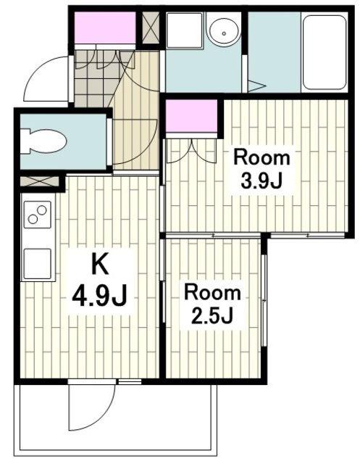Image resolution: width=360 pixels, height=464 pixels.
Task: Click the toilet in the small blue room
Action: coord(44,141)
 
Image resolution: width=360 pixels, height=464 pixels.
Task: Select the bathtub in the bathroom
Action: coord(325,52)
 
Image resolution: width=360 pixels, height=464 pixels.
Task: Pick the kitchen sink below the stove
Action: coord(37,263)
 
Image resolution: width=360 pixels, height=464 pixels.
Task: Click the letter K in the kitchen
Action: coord(100,263)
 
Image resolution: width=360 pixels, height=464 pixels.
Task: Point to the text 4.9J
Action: coord(100,296)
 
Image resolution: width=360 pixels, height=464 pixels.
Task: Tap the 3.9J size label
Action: coord(261,181)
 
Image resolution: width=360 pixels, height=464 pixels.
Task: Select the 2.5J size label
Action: coord(212,316)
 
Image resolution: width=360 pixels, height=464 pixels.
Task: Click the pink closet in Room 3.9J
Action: coord(191,116)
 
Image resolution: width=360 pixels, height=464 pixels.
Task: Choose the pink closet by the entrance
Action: coord(104,28)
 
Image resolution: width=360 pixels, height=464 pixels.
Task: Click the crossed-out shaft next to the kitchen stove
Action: coord(39,181)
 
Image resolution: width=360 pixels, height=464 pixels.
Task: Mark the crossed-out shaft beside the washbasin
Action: coord(151,28)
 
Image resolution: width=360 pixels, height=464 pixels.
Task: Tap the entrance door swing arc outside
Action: coord(35,72)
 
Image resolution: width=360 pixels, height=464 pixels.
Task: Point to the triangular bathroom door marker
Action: coord(256,86)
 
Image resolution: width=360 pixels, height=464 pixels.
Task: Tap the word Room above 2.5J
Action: coord(212,293)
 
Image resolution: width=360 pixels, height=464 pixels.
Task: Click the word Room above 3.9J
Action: coord(261,158)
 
